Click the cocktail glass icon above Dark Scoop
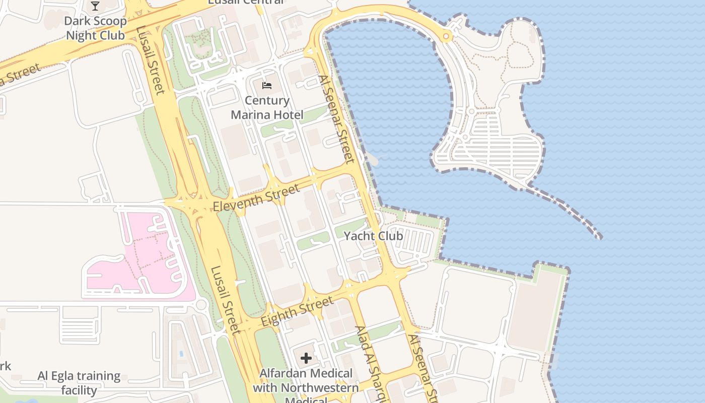coord(95,6)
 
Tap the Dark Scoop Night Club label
coord(95,29)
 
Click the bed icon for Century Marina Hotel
coord(267,85)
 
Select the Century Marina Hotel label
coord(267,108)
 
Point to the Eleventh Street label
coord(256,198)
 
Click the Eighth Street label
coord(297,311)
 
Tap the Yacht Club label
coord(373,236)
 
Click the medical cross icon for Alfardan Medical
coord(306,358)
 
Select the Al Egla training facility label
coord(79,383)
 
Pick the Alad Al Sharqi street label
coord(370,363)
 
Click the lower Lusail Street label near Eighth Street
coord(224,300)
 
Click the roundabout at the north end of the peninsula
coord(446,36)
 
